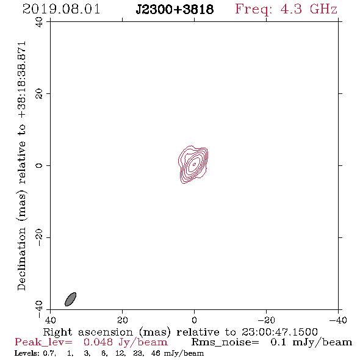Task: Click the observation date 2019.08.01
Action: pyautogui.click(x=61, y=9)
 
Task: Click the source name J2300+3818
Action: pyautogui.click(x=175, y=10)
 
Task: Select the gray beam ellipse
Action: pyautogui.click(x=71, y=299)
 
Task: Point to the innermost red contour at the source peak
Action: pyautogui.click(x=194, y=164)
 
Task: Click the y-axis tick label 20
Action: pyautogui.click(x=39, y=94)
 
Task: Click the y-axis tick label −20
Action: pyautogui.click(x=39, y=237)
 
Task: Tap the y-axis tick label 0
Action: pyautogui.click(x=39, y=165)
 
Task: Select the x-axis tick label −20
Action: pyautogui.click(x=266, y=320)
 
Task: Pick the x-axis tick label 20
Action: pyautogui.click(x=123, y=320)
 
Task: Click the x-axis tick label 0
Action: pyautogui.click(x=194, y=320)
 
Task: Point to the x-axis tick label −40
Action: pyautogui.click(x=338, y=320)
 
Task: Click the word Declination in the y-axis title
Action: pyautogui.click(x=21, y=259)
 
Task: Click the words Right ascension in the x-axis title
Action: pyautogui.click(x=88, y=332)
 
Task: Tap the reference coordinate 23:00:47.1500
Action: pyautogui.click(x=279, y=332)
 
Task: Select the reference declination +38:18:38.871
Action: pyautogui.click(x=22, y=80)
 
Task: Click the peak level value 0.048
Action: pyautogui.click(x=98, y=342)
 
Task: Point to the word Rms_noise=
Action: pyautogui.click(x=225, y=342)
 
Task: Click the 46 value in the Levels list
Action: pyautogui.click(x=156, y=353)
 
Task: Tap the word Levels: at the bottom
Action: pyautogui.click(x=27, y=353)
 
